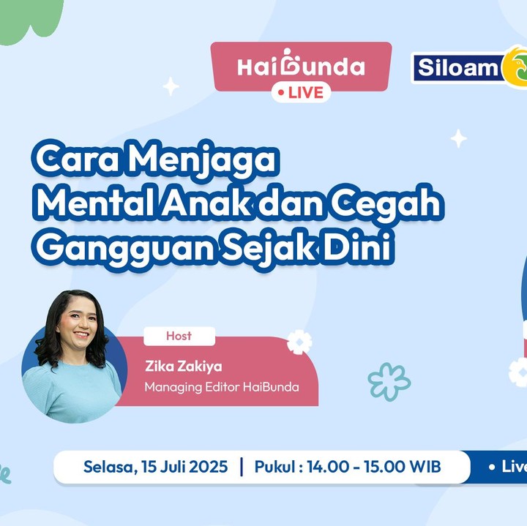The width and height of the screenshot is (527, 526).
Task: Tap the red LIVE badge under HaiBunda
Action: click(x=301, y=92)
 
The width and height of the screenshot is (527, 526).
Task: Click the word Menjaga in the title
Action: click(x=202, y=160)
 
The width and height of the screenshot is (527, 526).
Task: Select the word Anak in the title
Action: click(x=206, y=201)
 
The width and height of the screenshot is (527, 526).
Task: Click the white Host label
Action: click(x=179, y=336)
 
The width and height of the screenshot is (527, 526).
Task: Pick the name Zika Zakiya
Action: click(x=184, y=366)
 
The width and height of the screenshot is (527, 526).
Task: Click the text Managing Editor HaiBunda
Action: click(x=222, y=387)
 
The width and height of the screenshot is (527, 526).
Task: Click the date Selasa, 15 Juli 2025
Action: click(x=156, y=467)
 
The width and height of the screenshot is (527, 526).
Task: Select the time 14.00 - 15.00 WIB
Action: click(x=374, y=467)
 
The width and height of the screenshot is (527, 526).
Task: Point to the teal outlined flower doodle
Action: click(x=389, y=382)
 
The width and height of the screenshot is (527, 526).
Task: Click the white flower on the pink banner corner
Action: click(x=299, y=342)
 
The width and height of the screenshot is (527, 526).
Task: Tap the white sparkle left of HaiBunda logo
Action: click(x=171, y=86)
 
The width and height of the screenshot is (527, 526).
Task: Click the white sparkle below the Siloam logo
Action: click(x=458, y=138)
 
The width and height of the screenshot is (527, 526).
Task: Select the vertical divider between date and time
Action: click(x=242, y=467)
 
